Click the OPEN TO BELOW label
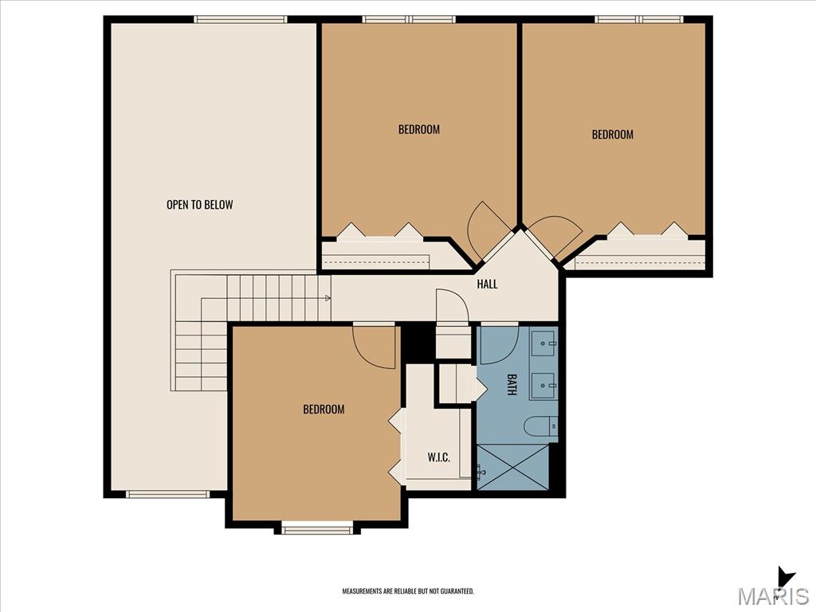point(200,205)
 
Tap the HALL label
point(487,284)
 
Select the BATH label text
point(512,384)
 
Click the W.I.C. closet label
point(439,457)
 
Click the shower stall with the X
point(512,467)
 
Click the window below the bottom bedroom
point(317,530)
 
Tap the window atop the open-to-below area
point(241,19)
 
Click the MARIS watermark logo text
point(773,596)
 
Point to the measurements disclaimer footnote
point(408,591)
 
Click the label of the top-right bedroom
point(613,134)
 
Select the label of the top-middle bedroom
point(419,129)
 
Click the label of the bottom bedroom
point(324,409)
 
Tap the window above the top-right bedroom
point(640,19)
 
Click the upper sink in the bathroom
point(544,343)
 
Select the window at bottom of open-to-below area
point(167,494)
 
